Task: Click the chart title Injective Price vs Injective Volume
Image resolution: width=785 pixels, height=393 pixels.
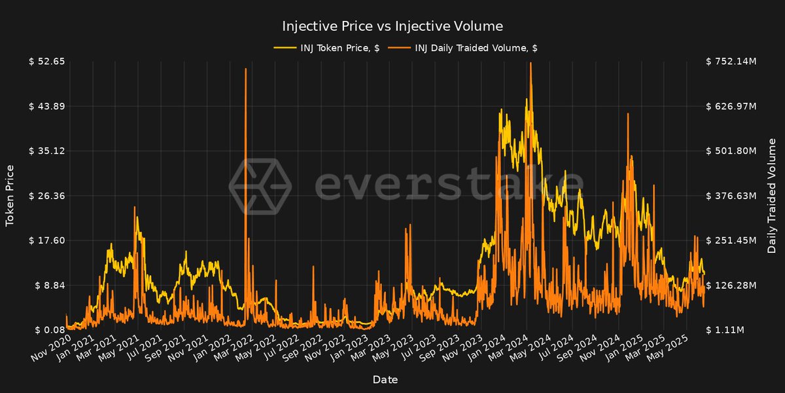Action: click(392, 26)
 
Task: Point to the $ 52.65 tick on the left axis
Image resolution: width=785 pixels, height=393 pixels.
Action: click(46, 62)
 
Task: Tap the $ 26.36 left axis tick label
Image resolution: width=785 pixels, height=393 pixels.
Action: click(46, 196)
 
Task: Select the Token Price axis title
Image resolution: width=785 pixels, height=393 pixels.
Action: click(10, 196)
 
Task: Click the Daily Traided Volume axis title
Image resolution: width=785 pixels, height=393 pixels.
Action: click(772, 196)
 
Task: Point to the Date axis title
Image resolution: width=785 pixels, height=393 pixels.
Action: click(385, 379)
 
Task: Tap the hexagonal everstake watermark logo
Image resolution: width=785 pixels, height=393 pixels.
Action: click(259, 186)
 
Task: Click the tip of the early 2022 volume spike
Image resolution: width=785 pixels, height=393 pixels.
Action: click(245, 69)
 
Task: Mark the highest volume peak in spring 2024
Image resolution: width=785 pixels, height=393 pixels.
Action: click(530, 63)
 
